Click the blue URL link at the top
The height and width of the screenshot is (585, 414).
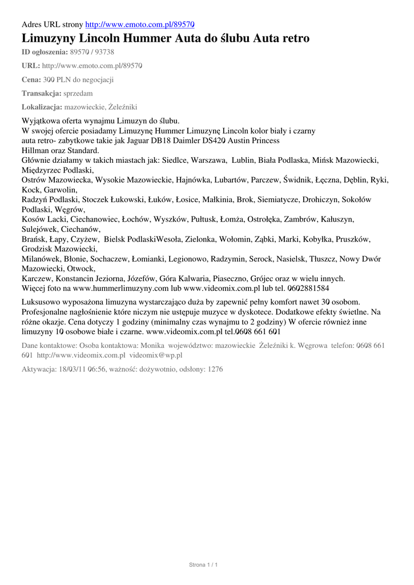point(140,25)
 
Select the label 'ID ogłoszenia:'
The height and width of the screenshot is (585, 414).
point(49,52)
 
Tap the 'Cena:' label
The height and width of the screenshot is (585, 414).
point(31,79)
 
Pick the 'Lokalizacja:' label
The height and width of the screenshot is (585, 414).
point(42,107)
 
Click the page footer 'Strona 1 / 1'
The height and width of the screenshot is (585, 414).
point(204,565)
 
